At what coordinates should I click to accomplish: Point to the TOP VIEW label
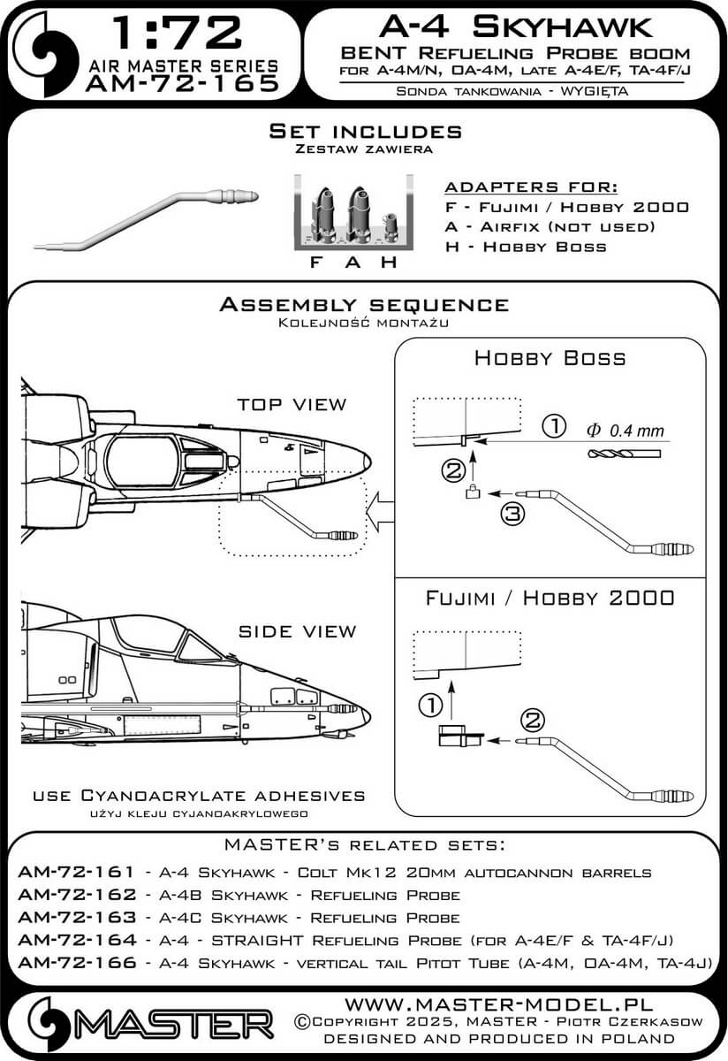(x=292, y=404)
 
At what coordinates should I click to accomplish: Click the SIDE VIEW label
(x=297, y=631)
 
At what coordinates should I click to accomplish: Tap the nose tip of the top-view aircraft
(x=367, y=461)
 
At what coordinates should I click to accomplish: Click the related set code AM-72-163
(x=75, y=917)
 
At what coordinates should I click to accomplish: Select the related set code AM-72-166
(x=75, y=963)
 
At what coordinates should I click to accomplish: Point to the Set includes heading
(x=365, y=132)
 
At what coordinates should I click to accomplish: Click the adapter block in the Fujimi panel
(x=459, y=736)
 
